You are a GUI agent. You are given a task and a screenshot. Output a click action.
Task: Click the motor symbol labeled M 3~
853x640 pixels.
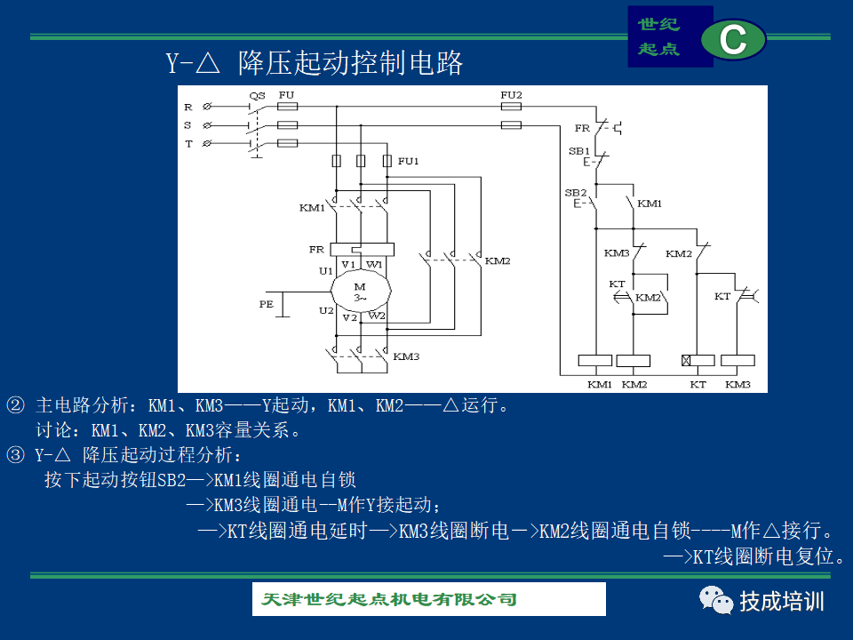tap(361, 291)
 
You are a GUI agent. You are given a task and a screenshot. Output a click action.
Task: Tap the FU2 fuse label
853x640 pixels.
tap(511, 95)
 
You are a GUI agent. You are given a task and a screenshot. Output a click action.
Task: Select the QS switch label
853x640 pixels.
tap(257, 96)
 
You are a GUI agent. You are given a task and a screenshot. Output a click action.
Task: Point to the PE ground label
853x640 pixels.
tap(266, 304)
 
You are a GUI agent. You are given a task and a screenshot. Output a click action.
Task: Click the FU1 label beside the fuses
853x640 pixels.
tap(408, 161)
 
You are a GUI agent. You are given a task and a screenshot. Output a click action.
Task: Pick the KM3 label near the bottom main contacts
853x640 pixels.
tap(406, 356)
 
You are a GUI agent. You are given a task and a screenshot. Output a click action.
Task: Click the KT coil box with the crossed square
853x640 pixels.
tap(698, 360)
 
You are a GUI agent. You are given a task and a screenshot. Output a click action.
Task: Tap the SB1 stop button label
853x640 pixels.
tap(578, 151)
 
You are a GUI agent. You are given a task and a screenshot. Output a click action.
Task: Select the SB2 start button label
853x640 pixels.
tap(576, 193)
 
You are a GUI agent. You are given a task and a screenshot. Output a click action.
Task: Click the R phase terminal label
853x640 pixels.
tap(188, 108)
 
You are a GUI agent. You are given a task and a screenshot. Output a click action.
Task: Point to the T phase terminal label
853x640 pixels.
tap(188, 144)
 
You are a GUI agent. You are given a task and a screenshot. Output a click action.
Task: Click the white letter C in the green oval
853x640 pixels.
tap(733, 39)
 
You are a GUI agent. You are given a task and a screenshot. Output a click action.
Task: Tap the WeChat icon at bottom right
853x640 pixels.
tap(716, 601)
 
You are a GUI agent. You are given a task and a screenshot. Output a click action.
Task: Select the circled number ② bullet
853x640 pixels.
tap(15, 405)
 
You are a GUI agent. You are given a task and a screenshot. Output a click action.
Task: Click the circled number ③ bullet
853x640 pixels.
tap(15, 454)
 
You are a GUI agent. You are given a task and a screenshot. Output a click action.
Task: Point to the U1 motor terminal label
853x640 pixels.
tap(326, 271)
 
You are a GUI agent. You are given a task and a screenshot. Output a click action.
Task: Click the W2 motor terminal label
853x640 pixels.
tap(377, 316)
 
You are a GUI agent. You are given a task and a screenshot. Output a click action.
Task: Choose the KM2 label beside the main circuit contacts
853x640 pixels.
tap(498, 260)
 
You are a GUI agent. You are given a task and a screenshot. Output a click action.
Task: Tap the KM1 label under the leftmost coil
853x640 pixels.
tap(600, 384)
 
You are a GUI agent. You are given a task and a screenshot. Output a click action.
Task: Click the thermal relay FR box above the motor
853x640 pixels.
tap(363, 249)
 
